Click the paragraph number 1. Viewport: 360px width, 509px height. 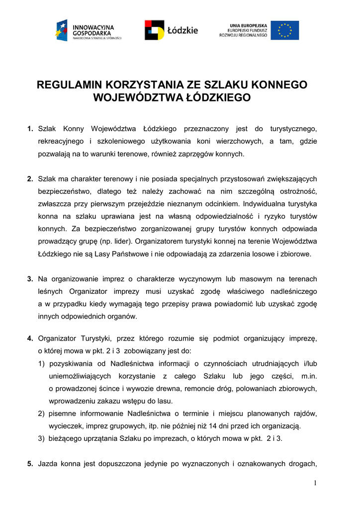(x=30, y=129)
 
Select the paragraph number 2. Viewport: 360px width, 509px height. (x=30, y=179)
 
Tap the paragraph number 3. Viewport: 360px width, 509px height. (x=30, y=279)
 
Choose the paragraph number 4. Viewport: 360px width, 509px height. (x=30, y=339)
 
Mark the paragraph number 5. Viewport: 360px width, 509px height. (x=30, y=464)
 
